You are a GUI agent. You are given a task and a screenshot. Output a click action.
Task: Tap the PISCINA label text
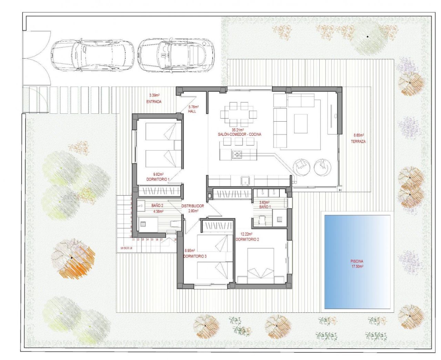(357, 261)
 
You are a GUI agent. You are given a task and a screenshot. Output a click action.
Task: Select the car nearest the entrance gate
(92, 55)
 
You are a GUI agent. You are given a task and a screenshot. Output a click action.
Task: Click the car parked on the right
(176, 55)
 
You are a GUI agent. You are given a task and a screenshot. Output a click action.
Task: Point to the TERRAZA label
(358, 141)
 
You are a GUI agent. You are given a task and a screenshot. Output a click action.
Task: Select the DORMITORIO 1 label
(158, 179)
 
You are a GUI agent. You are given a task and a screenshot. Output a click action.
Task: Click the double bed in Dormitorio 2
(261, 264)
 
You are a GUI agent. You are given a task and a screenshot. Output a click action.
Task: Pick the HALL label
(192, 111)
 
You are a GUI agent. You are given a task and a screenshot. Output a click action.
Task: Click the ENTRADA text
(154, 102)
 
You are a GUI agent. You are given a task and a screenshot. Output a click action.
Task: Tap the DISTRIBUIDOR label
(193, 206)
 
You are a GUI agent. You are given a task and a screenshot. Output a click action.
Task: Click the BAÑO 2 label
(157, 205)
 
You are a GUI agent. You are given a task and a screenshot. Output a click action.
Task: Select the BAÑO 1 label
(265, 207)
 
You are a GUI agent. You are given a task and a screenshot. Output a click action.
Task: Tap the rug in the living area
(300, 123)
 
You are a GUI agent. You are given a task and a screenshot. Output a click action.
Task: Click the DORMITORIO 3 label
(195, 256)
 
